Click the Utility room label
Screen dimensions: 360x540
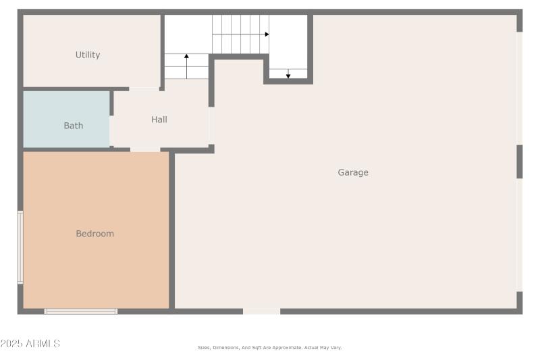(88, 55)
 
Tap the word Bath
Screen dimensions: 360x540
(74, 126)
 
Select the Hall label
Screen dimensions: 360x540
(159, 120)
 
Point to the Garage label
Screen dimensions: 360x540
(353, 172)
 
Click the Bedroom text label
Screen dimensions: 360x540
(94, 234)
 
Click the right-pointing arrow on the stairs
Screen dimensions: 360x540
(266, 34)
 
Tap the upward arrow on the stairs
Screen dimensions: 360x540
(186, 57)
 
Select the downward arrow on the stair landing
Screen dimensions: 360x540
(288, 75)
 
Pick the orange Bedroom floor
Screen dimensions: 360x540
(94, 270)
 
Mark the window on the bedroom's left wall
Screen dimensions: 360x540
(20, 247)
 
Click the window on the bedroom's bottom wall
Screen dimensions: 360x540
(81, 311)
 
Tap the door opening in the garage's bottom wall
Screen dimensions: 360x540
(261, 311)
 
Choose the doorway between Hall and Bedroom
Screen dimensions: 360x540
(145, 149)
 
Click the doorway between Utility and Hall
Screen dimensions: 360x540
(144, 88)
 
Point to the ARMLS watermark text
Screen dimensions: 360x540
(30, 344)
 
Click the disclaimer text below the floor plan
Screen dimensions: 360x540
(269, 348)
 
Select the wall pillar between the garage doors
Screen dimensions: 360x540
(519, 161)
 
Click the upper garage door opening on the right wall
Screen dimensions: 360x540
(519, 88)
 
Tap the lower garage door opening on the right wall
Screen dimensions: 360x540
(519, 235)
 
